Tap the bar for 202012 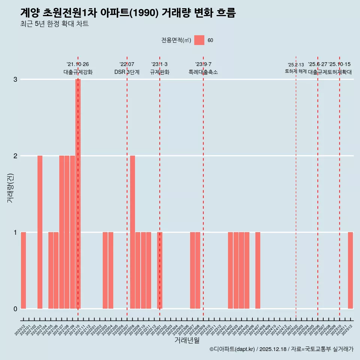[x=23, y=270]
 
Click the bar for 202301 [x=160, y=270]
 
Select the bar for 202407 [x=258, y=270]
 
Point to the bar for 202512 [x=350, y=270]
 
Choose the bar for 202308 [x=198, y=270]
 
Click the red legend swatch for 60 [x=199, y=40]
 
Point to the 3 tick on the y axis [x=15, y=79]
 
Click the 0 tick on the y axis [x=15, y=309]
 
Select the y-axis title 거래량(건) [x=10, y=187]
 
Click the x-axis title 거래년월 [x=187, y=340]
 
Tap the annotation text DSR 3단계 [x=127, y=72]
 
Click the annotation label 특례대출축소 [x=203, y=72]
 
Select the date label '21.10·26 [x=78, y=64]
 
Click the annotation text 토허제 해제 [x=296, y=71]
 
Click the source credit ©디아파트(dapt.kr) [x=232, y=349]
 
